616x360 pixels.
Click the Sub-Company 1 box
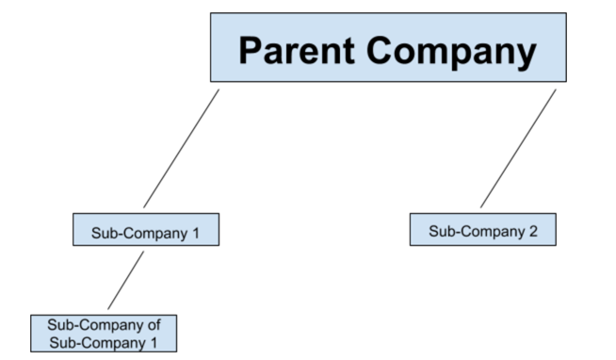coord(146,230)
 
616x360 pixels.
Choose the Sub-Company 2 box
coord(482,230)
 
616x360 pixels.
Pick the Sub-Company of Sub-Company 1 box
coord(103,334)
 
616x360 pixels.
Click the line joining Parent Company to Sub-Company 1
coord(181,148)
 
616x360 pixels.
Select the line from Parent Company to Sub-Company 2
coord(517,148)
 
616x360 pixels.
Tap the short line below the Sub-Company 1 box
coord(126,279)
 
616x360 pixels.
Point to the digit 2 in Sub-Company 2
coord(532,231)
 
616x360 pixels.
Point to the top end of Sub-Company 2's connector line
coord(554,90)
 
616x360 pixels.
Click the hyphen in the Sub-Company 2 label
coord(456,231)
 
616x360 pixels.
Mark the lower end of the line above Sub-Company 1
coord(144,206)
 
